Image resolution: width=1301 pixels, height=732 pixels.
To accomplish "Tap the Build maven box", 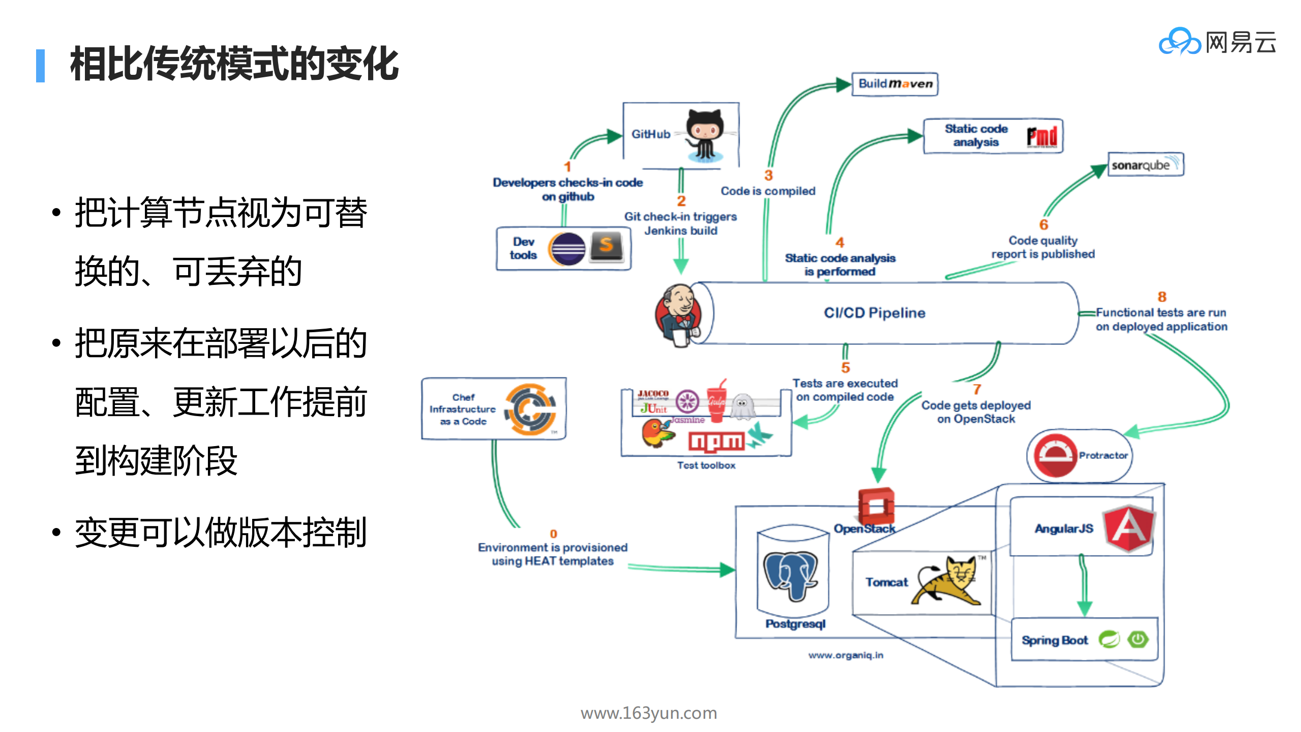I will (895, 84).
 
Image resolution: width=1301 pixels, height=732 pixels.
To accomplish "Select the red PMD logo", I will (1042, 136).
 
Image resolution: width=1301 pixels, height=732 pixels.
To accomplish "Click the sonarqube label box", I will (1145, 164).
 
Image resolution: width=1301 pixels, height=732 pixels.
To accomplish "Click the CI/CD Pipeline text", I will (874, 312).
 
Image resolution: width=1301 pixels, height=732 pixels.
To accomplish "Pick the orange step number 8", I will (1162, 297).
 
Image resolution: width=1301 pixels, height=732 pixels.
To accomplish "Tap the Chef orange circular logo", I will (530, 409).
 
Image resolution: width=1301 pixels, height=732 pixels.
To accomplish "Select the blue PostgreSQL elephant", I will (790, 575).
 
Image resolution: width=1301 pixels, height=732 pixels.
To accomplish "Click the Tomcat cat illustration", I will (949, 581).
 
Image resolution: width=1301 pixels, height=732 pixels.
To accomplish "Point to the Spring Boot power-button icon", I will (1138, 639).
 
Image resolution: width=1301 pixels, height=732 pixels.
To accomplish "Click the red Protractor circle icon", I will (1054, 455).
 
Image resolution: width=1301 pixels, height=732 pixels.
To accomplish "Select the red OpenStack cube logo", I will (875, 506).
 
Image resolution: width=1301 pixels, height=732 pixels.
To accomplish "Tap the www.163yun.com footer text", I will (649, 713).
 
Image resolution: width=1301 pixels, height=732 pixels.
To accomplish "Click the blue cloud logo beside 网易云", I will (1180, 42).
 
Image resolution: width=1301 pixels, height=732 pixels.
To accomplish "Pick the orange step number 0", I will (553, 534).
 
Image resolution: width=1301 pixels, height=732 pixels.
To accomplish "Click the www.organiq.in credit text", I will (845, 655).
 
